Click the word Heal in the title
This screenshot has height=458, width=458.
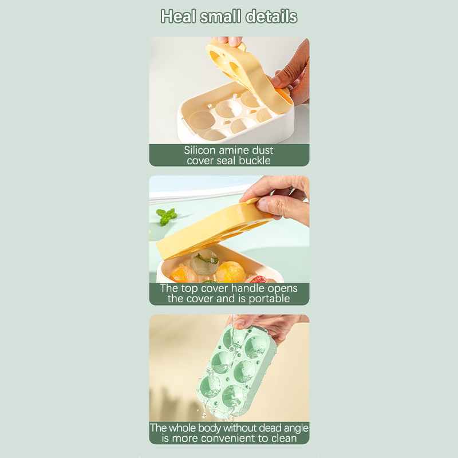(x=178, y=17)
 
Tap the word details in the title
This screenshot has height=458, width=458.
(x=271, y=17)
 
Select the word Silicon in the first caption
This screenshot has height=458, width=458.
(x=200, y=150)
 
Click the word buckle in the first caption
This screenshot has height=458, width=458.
(x=255, y=160)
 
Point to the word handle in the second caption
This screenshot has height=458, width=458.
(x=248, y=289)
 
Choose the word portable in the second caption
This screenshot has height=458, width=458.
(x=269, y=299)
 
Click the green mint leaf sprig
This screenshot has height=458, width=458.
(x=167, y=216)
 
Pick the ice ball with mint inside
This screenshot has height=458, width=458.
(x=204, y=262)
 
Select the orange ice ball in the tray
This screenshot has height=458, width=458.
(x=183, y=274)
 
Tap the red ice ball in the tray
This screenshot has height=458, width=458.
(x=257, y=279)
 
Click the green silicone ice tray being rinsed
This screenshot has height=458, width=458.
(x=236, y=371)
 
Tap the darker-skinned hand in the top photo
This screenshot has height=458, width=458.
(x=292, y=74)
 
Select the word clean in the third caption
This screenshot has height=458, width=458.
(x=284, y=439)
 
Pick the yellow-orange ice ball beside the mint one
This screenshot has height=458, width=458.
(x=230, y=273)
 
